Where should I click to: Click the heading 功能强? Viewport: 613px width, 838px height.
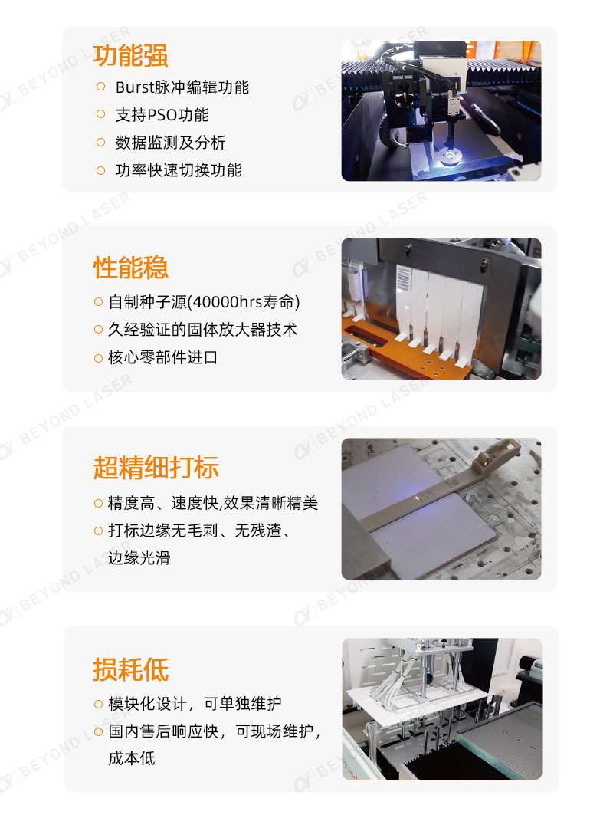click(x=130, y=55)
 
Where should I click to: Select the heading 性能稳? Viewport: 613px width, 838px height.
click(x=130, y=268)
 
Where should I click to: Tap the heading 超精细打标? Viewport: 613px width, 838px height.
click(x=156, y=467)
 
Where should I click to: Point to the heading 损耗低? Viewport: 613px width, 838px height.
click(x=130, y=669)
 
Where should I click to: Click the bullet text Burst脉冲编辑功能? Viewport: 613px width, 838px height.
click(x=182, y=87)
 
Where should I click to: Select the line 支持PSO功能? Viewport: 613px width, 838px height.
click(x=162, y=115)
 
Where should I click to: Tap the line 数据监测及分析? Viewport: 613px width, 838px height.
click(x=170, y=143)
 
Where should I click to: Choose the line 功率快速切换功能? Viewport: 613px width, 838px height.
click(x=179, y=170)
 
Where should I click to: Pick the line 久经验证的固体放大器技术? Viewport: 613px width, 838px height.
click(x=202, y=330)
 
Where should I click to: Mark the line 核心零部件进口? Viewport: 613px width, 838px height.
click(x=162, y=357)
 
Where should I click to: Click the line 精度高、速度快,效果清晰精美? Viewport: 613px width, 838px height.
click(x=212, y=503)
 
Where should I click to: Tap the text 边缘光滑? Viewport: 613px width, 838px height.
click(x=139, y=557)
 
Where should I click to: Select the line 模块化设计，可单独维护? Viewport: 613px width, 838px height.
click(x=195, y=703)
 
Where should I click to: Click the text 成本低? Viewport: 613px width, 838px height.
click(x=131, y=758)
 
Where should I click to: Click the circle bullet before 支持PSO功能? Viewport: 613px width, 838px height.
click(x=100, y=114)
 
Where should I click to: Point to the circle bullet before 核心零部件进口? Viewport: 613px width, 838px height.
click(x=98, y=357)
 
